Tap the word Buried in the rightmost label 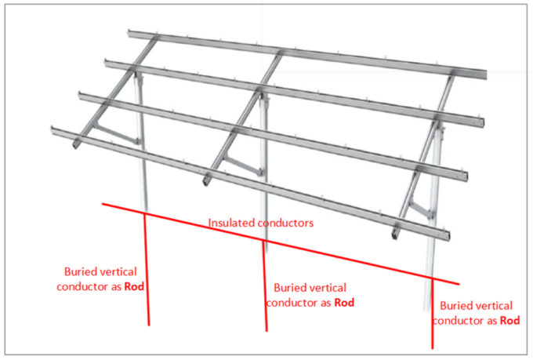point(457,306)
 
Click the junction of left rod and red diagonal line point(145,213)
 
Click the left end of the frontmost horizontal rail point(53,130)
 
